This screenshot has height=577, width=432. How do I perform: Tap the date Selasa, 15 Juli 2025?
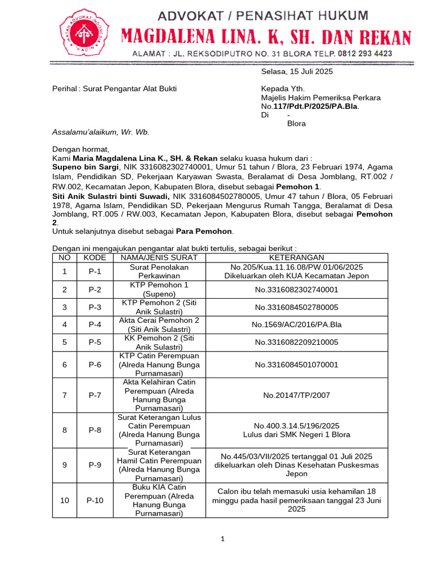point(297,72)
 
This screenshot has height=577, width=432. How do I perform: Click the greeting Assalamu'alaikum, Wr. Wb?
point(101,132)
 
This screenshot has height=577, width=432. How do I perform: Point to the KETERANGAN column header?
point(296,258)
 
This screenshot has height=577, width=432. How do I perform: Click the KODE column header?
point(95,258)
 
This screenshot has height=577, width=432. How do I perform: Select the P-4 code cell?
point(95,325)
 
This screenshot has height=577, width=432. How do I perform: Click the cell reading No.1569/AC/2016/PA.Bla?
point(296,325)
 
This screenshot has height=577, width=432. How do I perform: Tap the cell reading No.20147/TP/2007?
point(296,396)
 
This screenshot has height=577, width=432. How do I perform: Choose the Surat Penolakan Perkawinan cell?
point(159,272)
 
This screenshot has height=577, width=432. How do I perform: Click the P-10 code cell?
point(95,500)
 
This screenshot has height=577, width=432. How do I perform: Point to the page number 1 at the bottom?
point(222,539)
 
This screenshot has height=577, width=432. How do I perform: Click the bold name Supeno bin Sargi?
point(85,167)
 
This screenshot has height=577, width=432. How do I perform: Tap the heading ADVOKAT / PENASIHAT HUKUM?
point(263,15)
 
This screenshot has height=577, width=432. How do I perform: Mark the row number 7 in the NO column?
point(65,396)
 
